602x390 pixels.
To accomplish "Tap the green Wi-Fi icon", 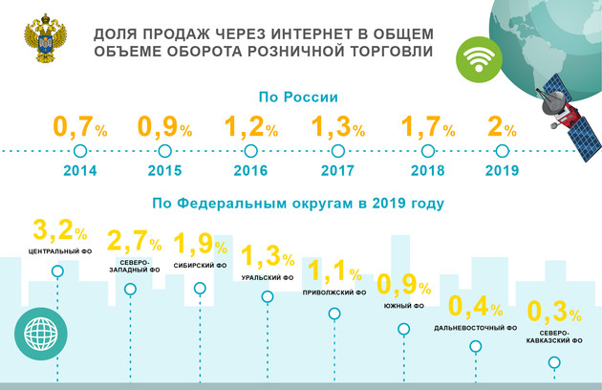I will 475,60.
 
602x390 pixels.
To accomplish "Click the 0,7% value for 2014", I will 81,126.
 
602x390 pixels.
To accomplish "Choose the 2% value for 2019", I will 504,126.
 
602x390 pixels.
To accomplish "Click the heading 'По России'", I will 299,97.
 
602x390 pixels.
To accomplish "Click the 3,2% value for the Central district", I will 59,231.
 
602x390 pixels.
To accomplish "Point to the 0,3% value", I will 554,313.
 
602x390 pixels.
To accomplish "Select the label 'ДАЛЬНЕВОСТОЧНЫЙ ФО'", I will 476,328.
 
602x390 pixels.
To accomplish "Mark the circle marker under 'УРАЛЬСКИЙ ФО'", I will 268,296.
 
